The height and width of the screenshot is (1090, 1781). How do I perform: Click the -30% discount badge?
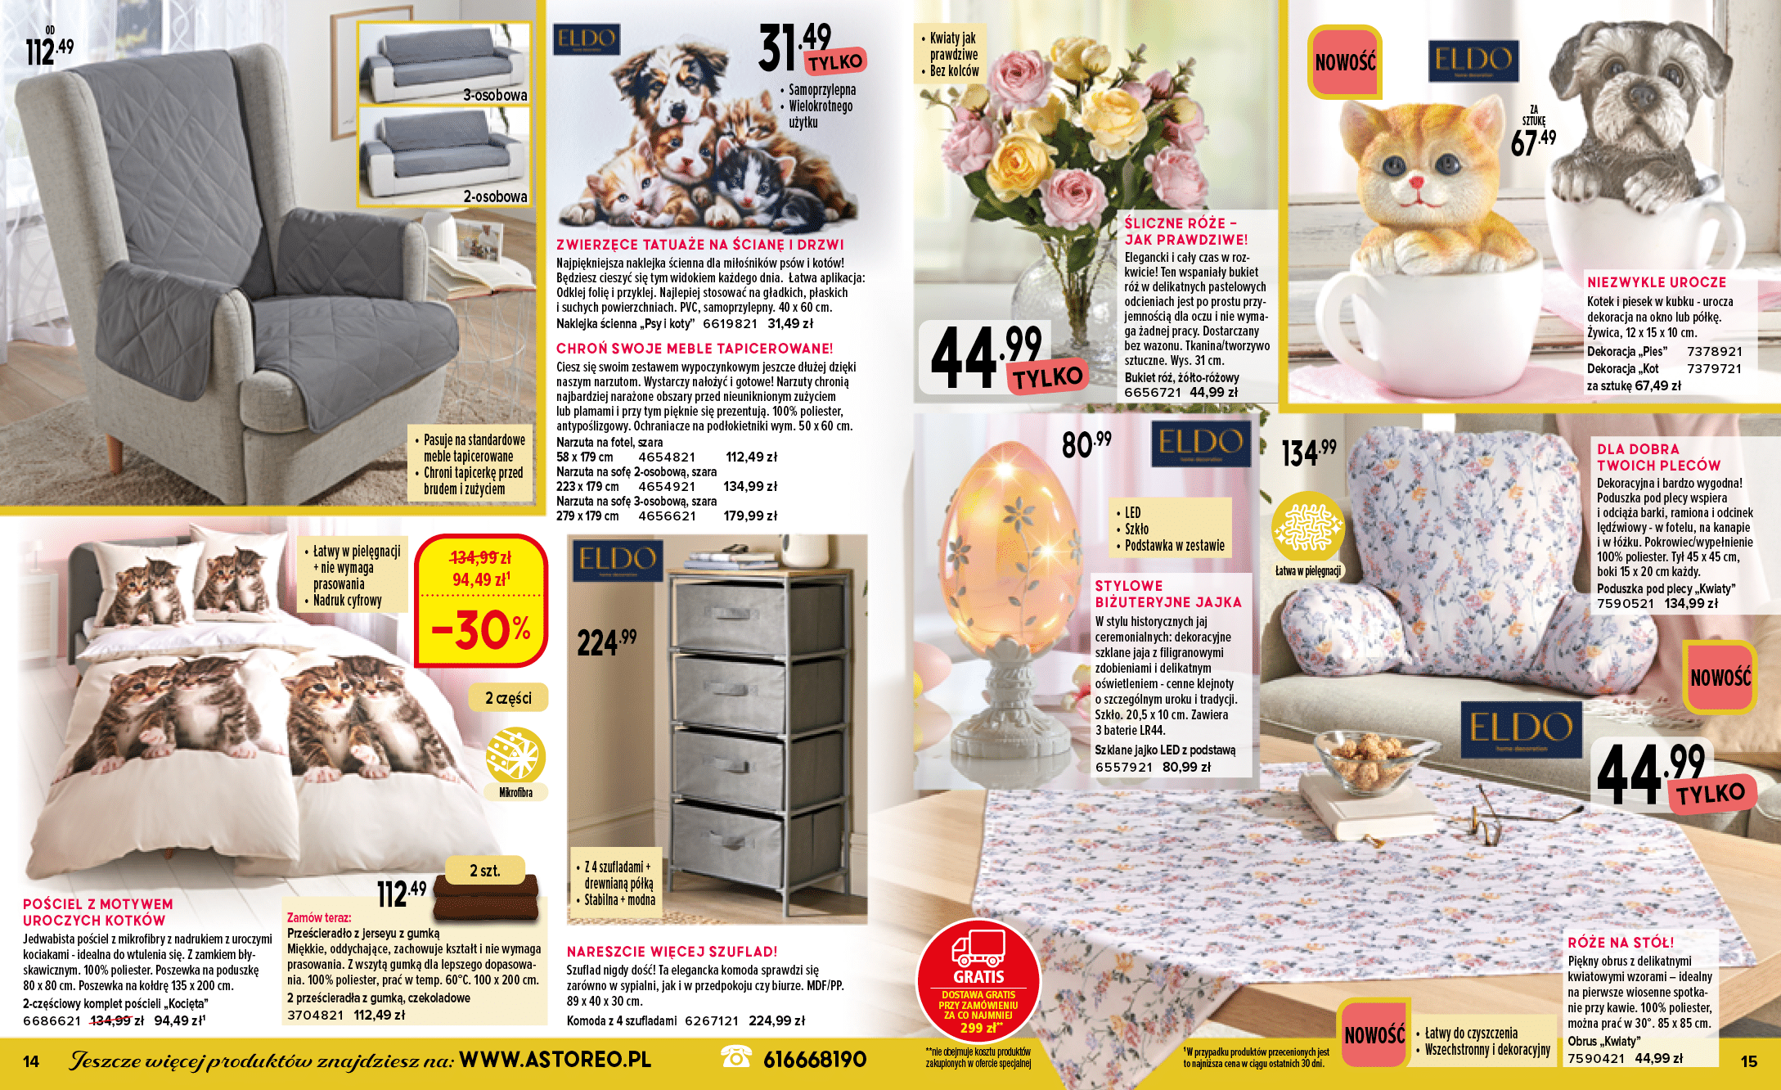pos(480,630)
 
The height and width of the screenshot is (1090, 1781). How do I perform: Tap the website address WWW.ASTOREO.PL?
pos(555,1060)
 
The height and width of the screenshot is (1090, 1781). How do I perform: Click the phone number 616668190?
pos(814,1060)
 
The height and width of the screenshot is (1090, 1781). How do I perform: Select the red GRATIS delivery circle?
pos(978,981)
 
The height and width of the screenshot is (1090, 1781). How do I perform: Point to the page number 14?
pos(31,1061)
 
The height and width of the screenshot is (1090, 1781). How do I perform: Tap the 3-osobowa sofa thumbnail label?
pos(495,95)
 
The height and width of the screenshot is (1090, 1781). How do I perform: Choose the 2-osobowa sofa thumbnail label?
pos(495,196)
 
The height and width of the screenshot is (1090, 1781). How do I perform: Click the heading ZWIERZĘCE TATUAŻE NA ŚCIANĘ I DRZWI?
pos(699,245)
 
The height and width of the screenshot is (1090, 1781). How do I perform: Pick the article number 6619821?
pos(730,323)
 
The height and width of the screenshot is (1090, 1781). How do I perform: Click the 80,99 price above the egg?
pos(1086,444)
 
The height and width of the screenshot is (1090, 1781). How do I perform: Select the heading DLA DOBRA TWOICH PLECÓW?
pos(1658,457)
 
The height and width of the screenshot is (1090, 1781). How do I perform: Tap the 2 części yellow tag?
pos(508,698)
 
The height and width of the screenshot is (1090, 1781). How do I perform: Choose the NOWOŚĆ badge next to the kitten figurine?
pos(1345,62)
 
